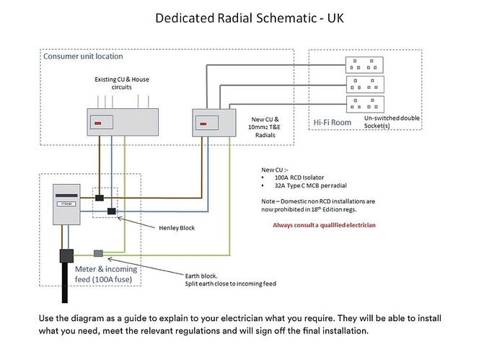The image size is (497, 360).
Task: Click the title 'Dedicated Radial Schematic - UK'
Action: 250,18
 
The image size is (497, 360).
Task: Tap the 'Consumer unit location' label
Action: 83,56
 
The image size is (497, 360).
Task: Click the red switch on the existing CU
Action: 98,123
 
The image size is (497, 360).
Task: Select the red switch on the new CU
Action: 203,123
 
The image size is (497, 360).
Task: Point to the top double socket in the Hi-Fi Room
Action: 364,65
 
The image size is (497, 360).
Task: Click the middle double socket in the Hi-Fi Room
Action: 365,84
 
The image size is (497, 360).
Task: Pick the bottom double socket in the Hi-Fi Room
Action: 365,105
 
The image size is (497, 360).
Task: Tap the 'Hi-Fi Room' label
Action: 333,123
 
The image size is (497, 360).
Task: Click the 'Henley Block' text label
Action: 177,228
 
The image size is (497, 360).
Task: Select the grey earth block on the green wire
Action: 98,253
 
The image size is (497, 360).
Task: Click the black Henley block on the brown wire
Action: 100,198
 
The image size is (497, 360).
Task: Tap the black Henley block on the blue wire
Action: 112,211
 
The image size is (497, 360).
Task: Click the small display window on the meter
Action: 66,203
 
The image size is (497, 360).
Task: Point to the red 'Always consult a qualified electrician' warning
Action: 324,225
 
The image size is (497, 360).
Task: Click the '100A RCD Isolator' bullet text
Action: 299,177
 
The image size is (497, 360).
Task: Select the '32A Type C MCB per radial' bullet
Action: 310,185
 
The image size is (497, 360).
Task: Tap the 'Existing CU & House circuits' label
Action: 122,83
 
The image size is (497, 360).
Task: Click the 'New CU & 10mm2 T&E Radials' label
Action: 264,127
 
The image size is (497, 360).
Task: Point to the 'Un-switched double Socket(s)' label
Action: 392,122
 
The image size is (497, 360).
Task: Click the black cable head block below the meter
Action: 66,255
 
